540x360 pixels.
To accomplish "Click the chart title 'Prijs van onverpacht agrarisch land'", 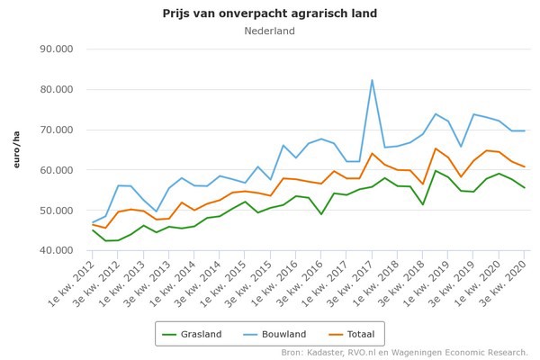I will click(269, 13).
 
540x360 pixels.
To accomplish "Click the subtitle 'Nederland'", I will click(269, 31).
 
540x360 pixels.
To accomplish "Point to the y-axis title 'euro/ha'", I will click(16, 149).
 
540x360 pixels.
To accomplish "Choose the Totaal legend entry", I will click(352, 333).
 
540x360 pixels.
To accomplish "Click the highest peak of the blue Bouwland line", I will click(372, 80).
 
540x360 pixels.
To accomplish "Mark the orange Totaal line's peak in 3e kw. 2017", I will click(372, 153).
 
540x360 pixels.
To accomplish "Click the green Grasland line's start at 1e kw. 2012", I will click(93, 229).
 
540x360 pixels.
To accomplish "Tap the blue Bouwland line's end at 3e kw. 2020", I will click(525, 130).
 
